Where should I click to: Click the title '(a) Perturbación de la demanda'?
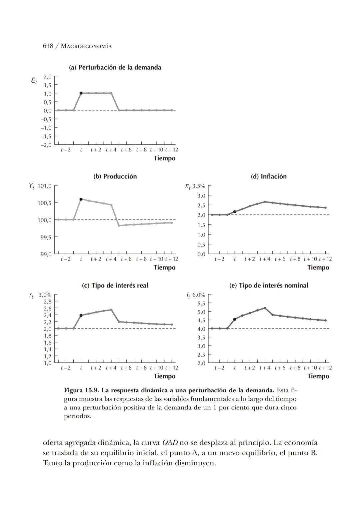115,67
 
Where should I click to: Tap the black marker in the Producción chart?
81,199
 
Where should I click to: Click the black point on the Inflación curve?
235,212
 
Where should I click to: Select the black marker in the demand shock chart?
81,93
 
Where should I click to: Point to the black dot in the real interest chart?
81,315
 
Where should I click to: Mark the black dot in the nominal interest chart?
235,319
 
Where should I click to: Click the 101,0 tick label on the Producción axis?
45,186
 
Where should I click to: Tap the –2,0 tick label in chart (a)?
46,145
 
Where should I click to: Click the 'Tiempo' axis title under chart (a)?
164,158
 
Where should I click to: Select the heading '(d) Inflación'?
269,176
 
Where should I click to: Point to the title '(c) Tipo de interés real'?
115,286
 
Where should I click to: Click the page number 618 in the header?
48,46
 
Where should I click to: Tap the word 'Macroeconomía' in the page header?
86,46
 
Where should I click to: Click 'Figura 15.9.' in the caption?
81,390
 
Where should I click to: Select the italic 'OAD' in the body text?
170,443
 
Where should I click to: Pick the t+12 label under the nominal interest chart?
325,368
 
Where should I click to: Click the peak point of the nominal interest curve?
265,308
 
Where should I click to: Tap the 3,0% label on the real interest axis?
45,295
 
